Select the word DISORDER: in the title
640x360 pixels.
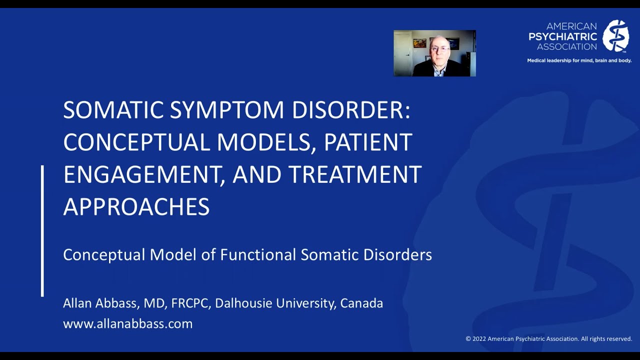tap(351, 110)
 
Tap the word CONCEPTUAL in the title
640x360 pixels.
tap(136, 142)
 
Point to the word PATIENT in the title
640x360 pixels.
tap(368, 142)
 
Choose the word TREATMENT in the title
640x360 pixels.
tap(355, 174)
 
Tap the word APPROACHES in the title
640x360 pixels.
tap(136, 207)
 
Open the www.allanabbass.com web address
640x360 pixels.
tap(127, 323)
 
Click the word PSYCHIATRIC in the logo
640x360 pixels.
tap(563, 36)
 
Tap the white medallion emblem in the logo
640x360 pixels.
tap(615, 36)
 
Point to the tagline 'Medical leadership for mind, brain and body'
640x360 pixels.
tap(579, 60)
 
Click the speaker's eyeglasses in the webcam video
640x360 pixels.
tap(439, 49)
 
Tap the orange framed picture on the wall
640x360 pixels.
tap(419, 43)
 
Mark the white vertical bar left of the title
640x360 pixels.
tap(42, 230)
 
